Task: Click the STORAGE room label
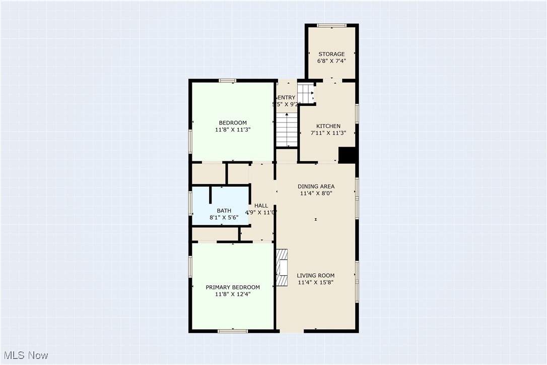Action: coord(331,54)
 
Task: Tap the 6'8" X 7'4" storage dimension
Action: coord(331,60)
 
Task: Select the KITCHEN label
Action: coord(328,126)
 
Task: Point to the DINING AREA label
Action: coord(316,187)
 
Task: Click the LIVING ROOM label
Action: coord(315,275)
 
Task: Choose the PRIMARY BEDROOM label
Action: coord(233,287)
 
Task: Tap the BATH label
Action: coord(224,211)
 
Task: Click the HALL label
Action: coord(261,206)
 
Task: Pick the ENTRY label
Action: coord(287,98)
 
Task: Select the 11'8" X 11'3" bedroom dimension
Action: coord(233,130)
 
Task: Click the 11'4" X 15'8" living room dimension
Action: coord(315,282)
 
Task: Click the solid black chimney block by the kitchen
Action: coord(347,155)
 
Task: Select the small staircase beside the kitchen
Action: coord(305,93)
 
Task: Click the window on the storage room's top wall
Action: coord(331,25)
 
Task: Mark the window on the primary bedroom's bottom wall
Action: coord(233,331)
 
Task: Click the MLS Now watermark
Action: coord(24,355)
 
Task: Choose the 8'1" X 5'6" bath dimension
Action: coord(224,218)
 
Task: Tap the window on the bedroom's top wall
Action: coord(228,81)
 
